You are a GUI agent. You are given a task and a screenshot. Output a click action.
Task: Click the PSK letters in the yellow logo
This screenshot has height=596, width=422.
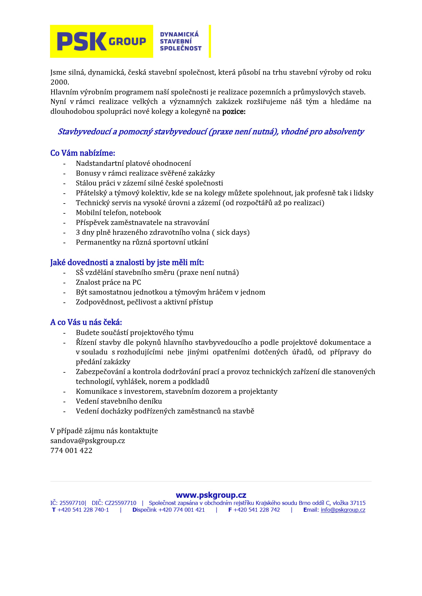82,41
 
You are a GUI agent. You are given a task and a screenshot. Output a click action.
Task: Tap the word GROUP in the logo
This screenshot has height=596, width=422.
127,41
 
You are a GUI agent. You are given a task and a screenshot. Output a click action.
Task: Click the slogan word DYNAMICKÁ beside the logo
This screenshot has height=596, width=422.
179,34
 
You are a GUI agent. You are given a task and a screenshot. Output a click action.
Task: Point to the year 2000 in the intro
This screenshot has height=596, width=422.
60,82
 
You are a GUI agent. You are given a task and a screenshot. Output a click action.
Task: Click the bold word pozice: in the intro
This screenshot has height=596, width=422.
234,111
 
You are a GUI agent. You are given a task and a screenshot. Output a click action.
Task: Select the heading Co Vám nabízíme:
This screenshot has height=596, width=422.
83,153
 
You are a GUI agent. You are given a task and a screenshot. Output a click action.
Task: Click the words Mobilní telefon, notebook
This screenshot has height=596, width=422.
118,213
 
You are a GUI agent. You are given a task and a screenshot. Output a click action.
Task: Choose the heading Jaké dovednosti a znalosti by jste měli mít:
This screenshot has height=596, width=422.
127,263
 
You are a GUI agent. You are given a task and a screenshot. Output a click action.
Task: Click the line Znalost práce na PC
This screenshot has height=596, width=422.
108,282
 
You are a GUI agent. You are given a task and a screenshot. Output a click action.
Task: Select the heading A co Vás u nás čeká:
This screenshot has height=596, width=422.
86,322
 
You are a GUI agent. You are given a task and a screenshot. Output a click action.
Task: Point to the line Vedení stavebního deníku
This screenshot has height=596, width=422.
119,401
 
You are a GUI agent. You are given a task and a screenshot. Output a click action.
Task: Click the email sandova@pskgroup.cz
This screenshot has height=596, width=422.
87,441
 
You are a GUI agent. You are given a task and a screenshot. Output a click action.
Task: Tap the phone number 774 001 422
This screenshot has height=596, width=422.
71,451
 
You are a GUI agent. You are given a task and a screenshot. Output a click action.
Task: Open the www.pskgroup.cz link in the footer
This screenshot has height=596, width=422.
211,495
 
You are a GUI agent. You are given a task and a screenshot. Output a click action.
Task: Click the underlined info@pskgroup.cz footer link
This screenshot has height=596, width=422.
343,510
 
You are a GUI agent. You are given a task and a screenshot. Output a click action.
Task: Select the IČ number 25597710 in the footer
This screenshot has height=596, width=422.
72,503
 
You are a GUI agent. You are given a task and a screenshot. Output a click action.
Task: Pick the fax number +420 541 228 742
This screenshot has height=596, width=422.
257,510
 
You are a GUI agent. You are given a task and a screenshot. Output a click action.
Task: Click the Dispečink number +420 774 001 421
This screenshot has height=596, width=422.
182,510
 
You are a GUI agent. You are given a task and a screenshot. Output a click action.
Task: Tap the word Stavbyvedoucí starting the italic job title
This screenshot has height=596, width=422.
85,132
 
